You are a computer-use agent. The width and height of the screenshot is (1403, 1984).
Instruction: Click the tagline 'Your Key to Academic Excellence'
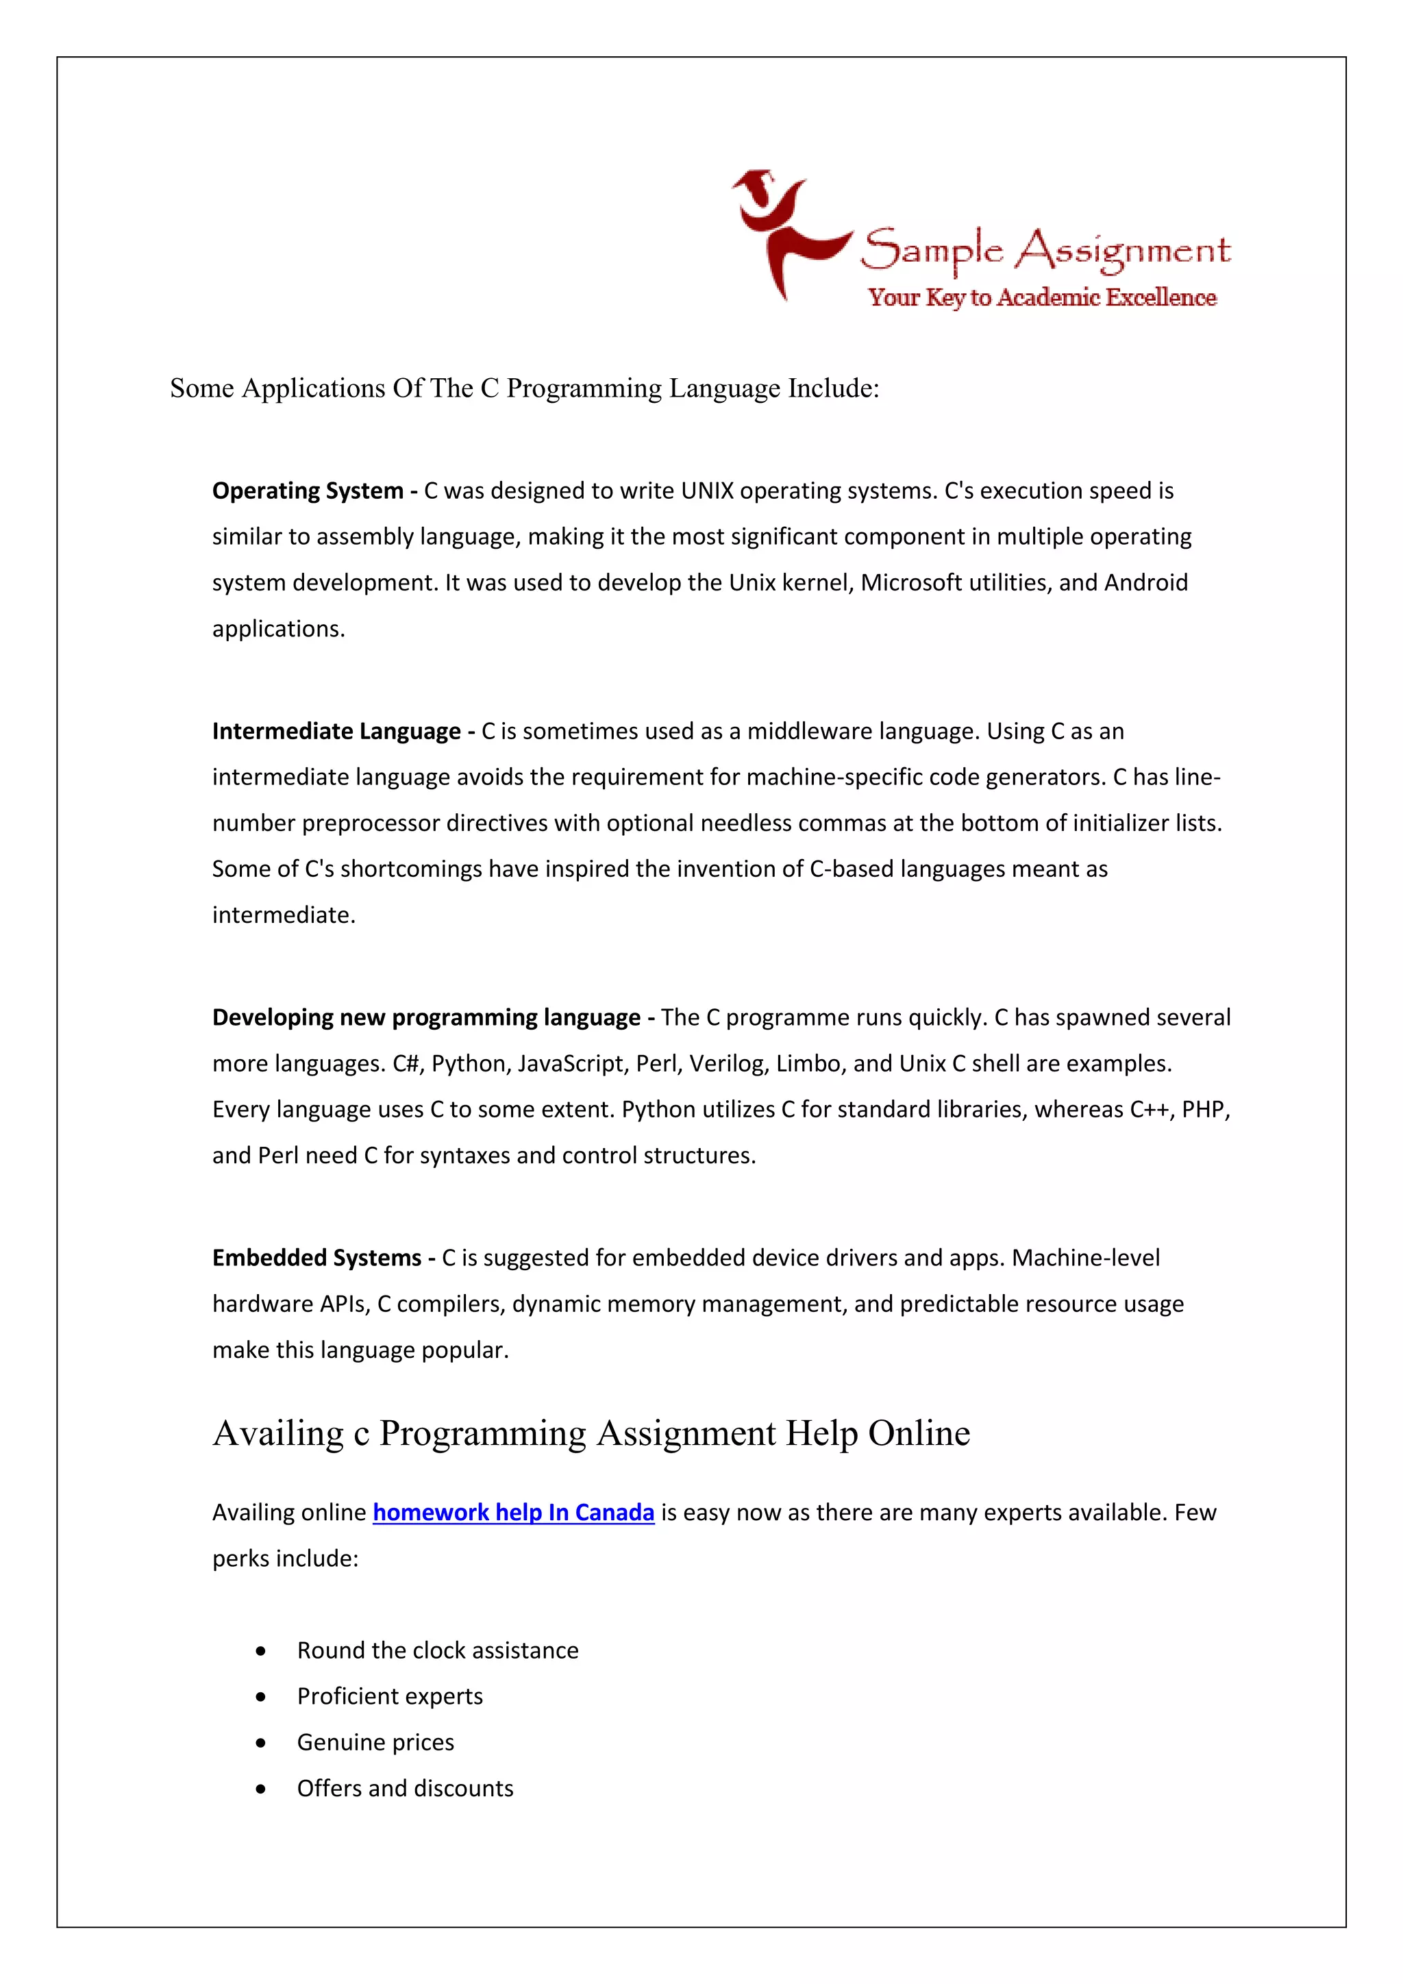coord(1042,297)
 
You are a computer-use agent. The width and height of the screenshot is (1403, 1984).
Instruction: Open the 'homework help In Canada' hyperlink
coord(513,1512)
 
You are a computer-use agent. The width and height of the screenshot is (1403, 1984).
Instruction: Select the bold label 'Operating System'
coord(308,491)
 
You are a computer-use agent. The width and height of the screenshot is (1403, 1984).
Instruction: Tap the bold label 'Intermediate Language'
coord(336,731)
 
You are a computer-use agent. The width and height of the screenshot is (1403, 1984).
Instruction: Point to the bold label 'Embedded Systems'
coord(316,1257)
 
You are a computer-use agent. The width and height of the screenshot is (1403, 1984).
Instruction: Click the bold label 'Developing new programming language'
coord(426,1017)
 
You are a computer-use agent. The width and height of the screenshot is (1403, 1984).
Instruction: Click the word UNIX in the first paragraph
coord(707,491)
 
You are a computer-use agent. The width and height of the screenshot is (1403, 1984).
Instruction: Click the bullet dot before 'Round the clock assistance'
coord(261,1650)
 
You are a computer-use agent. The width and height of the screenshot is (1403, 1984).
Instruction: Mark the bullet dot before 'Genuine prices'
coord(261,1743)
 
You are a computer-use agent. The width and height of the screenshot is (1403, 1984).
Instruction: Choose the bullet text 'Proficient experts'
coord(390,1696)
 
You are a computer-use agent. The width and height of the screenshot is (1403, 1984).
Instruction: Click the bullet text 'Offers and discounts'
coord(405,1789)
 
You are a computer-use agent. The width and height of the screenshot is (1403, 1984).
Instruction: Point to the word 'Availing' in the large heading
coord(278,1434)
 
